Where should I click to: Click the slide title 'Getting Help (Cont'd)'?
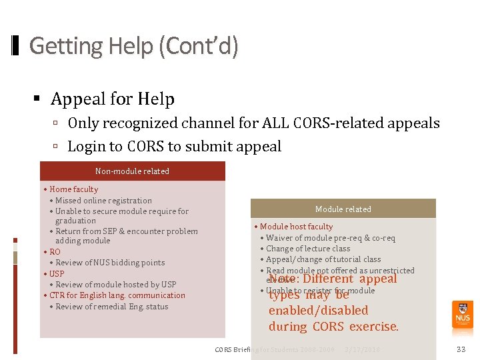[x=133, y=46]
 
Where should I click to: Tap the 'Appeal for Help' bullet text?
[x=113, y=99]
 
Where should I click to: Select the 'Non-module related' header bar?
[x=132, y=171]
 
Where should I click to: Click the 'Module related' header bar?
[x=343, y=209]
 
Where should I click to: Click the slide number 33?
[x=461, y=349]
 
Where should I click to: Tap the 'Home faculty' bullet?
[x=73, y=189]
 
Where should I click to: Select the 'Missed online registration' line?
[x=103, y=201]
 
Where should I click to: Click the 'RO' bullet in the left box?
[x=55, y=252]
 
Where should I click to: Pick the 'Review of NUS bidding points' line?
[x=110, y=263]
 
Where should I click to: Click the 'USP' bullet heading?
[x=57, y=274]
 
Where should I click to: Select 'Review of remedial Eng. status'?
[x=111, y=307]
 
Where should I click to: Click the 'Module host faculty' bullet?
[x=296, y=227]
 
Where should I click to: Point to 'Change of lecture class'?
[x=308, y=249]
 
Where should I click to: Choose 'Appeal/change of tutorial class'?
[x=323, y=259]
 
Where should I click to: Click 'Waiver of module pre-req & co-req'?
[x=330, y=238]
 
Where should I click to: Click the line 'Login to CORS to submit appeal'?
[x=175, y=147]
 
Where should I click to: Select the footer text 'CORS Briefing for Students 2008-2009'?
[x=275, y=349]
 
